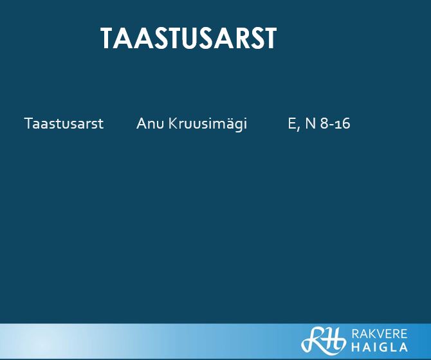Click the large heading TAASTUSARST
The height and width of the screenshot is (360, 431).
tap(188, 38)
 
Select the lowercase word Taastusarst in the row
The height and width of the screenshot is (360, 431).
tap(64, 123)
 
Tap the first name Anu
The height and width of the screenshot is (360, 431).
tap(150, 123)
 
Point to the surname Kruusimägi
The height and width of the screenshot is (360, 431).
tap(208, 124)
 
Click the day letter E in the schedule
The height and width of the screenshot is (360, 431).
tap(291, 123)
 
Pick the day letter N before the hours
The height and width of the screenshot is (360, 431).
tap(310, 123)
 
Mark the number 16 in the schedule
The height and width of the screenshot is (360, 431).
tap(344, 124)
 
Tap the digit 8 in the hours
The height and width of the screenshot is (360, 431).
tap(324, 123)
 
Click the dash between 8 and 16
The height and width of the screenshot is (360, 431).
tap(333, 125)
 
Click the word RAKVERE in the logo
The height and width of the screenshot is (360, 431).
tap(380, 334)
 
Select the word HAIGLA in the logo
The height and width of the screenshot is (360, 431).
tap(380, 347)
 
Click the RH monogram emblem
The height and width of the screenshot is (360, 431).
tap(323, 339)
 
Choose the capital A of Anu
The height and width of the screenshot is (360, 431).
tap(141, 123)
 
